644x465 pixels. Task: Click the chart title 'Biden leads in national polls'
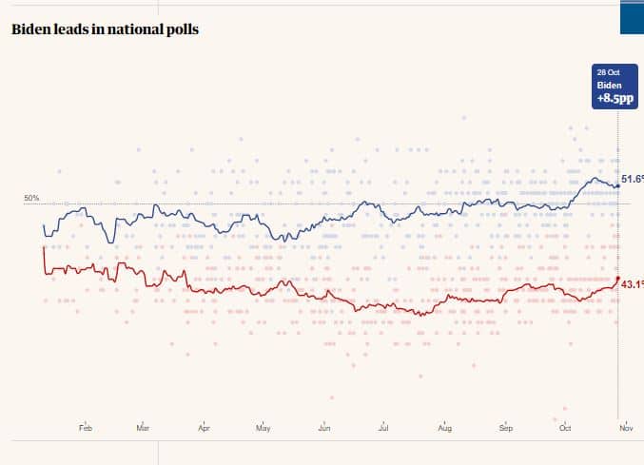click(105, 29)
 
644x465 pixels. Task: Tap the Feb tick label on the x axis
click(86, 429)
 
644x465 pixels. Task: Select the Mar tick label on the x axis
click(143, 429)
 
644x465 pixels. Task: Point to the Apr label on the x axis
click(204, 429)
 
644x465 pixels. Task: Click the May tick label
click(263, 429)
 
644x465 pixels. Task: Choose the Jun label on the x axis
click(324, 429)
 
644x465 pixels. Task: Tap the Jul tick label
click(383, 429)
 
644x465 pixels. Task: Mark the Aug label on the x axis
click(444, 429)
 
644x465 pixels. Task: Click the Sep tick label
click(506, 429)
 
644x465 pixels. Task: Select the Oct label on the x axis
click(565, 429)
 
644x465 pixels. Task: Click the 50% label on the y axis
click(31, 198)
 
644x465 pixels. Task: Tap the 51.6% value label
click(633, 179)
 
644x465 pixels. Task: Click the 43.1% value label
click(633, 283)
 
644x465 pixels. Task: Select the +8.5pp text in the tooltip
click(615, 98)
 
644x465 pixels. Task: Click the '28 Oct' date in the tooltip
click(608, 72)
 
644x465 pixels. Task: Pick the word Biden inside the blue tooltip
click(609, 85)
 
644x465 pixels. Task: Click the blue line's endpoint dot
click(618, 185)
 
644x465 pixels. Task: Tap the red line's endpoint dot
click(618, 283)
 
